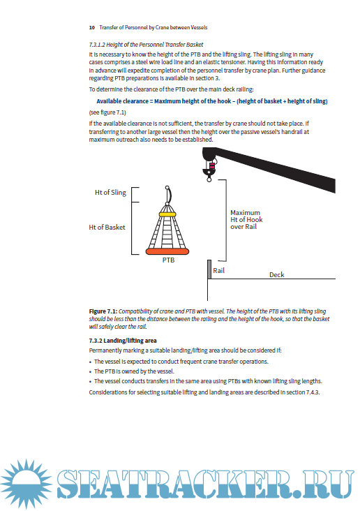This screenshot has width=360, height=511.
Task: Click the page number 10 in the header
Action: click(91, 28)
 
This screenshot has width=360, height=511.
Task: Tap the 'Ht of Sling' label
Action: click(110, 193)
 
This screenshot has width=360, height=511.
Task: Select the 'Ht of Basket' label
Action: click(107, 227)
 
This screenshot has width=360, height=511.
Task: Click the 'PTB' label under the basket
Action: click(168, 260)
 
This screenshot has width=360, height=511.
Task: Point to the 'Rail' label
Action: click(218, 270)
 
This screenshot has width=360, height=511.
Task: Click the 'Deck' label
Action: click(276, 275)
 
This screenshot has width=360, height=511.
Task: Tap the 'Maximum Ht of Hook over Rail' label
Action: click(246, 220)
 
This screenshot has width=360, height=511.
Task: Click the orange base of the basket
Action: click(167, 251)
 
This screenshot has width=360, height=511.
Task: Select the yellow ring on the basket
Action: click(167, 214)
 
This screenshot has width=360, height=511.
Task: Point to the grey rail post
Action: click(209, 269)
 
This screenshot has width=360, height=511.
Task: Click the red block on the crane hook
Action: click(212, 166)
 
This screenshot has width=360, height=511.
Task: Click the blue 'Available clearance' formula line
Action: click(212, 101)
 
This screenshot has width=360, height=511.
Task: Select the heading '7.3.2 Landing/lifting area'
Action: click(123, 341)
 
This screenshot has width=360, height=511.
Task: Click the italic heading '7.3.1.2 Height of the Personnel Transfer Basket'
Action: click(146, 45)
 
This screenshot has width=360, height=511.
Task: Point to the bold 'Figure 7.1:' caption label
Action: click(103, 311)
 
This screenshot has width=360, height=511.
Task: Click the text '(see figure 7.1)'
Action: click(107, 112)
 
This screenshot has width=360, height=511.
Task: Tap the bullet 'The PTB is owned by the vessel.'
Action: click(134, 371)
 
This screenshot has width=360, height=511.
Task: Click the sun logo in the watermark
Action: click(26, 483)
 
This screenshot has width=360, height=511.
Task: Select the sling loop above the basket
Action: click(168, 195)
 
